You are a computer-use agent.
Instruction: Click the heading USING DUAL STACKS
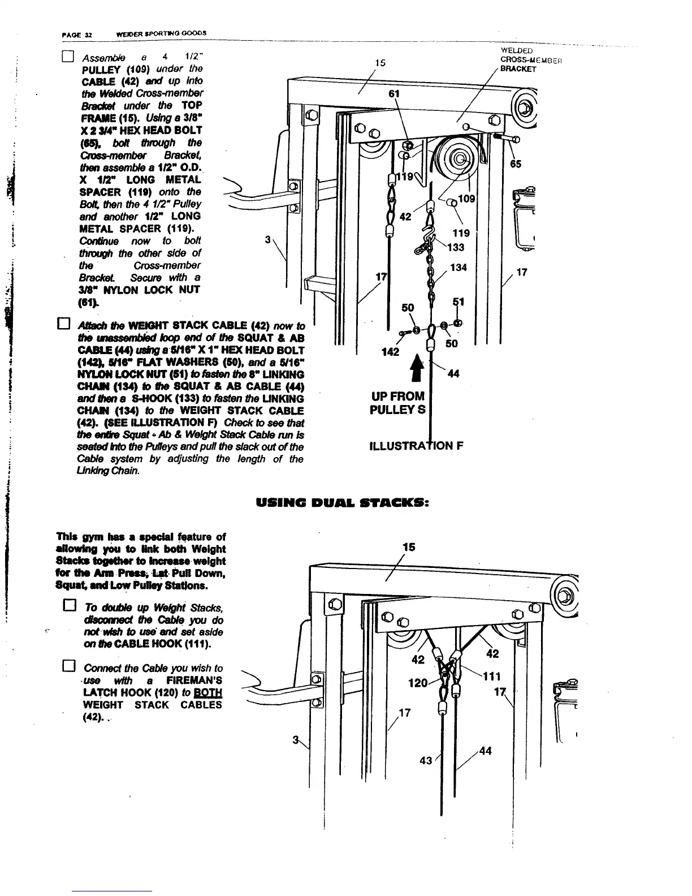coord(344,502)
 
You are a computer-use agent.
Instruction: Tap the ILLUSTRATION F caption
coord(416,446)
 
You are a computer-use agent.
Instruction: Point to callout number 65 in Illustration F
coord(515,164)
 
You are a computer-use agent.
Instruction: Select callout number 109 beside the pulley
coord(466,199)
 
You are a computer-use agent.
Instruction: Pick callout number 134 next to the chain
coord(459,267)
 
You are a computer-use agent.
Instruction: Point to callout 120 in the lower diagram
coord(418,683)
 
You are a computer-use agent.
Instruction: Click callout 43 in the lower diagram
coord(426,761)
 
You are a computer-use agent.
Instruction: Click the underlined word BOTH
coord(210,693)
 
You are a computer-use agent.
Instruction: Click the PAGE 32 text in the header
coord(72,33)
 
